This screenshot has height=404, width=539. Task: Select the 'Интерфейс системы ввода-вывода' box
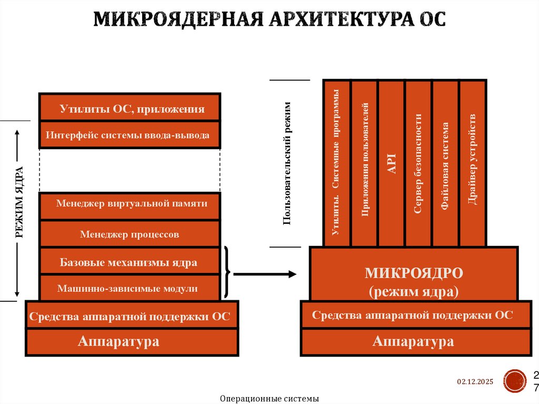click(130, 135)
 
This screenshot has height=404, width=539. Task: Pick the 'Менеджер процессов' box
click(130, 234)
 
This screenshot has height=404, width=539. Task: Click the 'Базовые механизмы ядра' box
click(130, 261)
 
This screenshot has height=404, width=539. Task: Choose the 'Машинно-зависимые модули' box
click(130, 288)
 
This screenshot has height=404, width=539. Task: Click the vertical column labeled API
click(392, 163)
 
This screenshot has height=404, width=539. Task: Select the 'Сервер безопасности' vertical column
click(418, 163)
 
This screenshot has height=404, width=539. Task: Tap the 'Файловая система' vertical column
click(445, 163)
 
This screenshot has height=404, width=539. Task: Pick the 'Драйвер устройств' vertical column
click(472, 163)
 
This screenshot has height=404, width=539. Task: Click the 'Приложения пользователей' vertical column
click(365, 163)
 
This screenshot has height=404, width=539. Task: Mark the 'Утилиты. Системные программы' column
click(337, 163)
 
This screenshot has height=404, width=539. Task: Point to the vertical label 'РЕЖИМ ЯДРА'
click(19, 202)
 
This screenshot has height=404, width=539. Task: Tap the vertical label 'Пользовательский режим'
click(287, 163)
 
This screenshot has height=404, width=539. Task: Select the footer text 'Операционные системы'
click(269, 399)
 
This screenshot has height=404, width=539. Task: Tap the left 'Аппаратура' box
click(118, 342)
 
